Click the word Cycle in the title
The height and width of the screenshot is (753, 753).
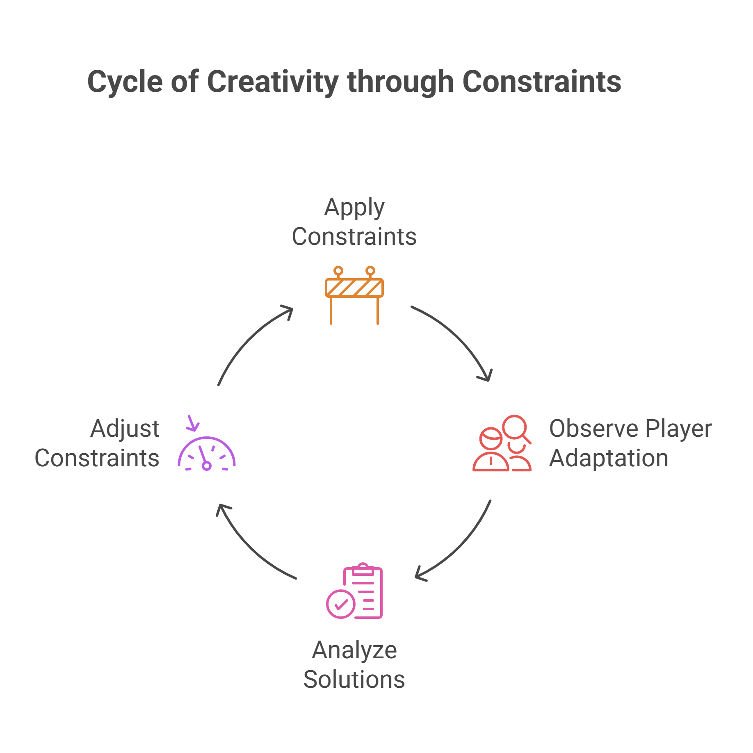pyautogui.click(x=125, y=82)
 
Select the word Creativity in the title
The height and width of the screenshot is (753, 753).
pyautogui.click(x=273, y=82)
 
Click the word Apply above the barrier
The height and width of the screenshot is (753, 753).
pyautogui.click(x=354, y=208)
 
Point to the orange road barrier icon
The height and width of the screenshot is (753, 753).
pyautogui.click(x=354, y=294)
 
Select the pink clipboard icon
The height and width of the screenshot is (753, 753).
pyautogui.click(x=355, y=591)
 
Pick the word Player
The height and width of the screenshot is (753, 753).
pyautogui.click(x=678, y=429)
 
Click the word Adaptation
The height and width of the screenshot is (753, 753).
pyautogui.click(x=609, y=458)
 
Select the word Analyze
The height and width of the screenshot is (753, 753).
pyautogui.click(x=354, y=650)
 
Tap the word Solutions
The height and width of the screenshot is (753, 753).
pyautogui.click(x=354, y=680)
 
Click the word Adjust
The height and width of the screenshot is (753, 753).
pyautogui.click(x=125, y=429)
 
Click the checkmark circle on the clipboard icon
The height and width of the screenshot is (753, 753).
pyautogui.click(x=340, y=604)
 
